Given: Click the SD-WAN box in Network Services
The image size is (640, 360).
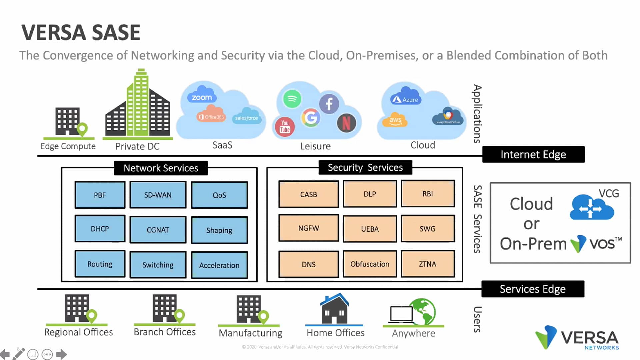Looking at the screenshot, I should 158,195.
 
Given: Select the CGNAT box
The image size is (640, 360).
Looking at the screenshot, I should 158,230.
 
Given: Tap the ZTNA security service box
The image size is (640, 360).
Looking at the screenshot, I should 427,264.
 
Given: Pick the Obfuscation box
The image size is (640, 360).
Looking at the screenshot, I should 370,264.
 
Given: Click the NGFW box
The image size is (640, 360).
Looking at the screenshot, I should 308,228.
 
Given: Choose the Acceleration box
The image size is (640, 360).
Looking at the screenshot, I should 219,265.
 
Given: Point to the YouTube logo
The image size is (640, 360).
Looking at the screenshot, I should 285,127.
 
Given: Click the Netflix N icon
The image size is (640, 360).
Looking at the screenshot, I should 346,123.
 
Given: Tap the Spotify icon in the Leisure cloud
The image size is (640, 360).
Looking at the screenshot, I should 292,99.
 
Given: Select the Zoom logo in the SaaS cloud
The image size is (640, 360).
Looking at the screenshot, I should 202,97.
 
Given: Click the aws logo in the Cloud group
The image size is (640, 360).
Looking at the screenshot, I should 395,120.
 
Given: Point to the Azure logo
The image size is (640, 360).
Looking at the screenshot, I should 406,99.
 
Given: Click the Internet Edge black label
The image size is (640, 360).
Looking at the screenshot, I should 533,154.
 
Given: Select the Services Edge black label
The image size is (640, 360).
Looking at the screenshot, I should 532,289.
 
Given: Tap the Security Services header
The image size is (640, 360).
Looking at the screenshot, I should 365,167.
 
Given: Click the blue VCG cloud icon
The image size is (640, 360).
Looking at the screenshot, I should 591,208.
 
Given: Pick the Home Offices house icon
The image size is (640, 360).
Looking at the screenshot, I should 334,309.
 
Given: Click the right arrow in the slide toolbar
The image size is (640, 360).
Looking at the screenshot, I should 61,354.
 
